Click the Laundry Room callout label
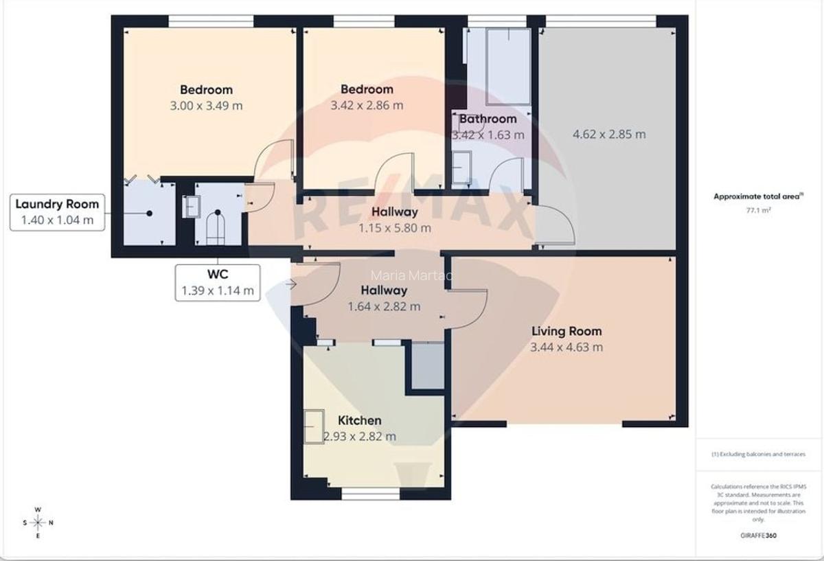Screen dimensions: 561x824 pyautogui.click(x=57, y=212)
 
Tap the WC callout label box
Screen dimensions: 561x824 pyautogui.click(x=218, y=282)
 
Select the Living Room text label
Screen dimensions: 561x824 pyautogui.click(x=566, y=331)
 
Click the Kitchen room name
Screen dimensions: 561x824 pyautogui.click(x=359, y=420)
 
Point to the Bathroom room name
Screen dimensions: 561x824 pyautogui.click(x=488, y=119)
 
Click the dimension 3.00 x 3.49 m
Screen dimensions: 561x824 pyautogui.click(x=206, y=106)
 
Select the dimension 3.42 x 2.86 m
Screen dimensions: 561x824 pyautogui.click(x=367, y=106)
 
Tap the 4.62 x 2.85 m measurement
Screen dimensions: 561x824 pyautogui.click(x=608, y=135)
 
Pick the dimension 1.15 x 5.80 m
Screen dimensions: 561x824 pyautogui.click(x=394, y=228)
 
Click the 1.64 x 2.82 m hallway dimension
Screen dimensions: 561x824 pyautogui.click(x=384, y=307)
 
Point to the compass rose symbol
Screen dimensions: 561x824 pyautogui.click(x=38, y=523)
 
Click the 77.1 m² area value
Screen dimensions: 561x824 pyautogui.click(x=758, y=211)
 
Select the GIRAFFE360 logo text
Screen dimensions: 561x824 pyautogui.click(x=758, y=534)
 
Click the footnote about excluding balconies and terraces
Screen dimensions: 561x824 pyautogui.click(x=758, y=455)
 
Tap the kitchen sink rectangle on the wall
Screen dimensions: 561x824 pyautogui.click(x=314, y=426)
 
